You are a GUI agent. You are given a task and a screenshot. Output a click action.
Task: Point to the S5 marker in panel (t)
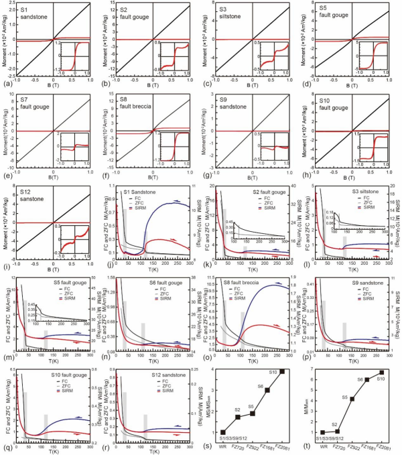pyautogui.click(x=352, y=399)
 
